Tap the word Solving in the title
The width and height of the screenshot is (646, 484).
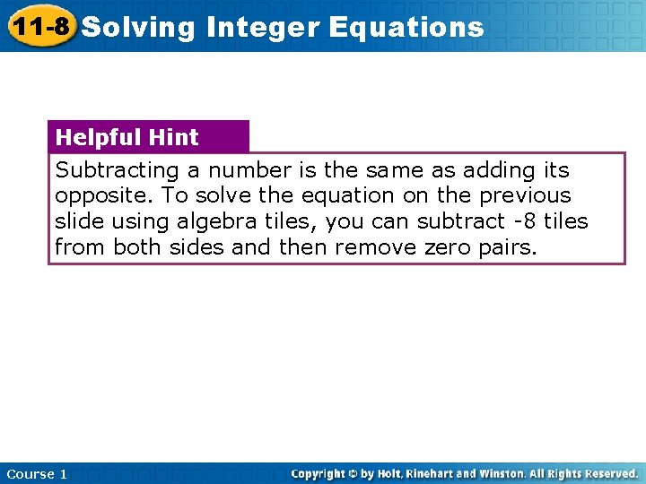pyautogui.click(x=138, y=28)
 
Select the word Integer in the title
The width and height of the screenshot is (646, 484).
pyautogui.click(x=262, y=28)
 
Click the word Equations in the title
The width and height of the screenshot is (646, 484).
pyautogui.click(x=406, y=28)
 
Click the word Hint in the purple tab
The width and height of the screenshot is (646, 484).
pyautogui.click(x=175, y=137)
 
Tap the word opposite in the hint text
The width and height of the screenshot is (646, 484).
pyautogui.click(x=101, y=195)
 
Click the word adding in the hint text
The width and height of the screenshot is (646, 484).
pyautogui.click(x=497, y=170)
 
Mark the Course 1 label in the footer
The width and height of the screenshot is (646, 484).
pyautogui.click(x=36, y=473)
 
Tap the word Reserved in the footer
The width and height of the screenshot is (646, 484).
pyautogui.click(x=610, y=473)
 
